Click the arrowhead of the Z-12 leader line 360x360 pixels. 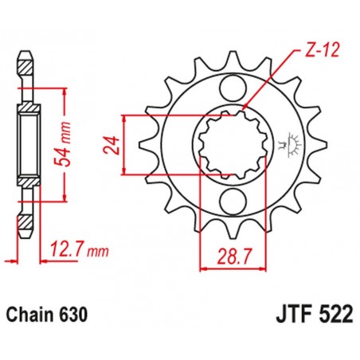pos(245,107)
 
